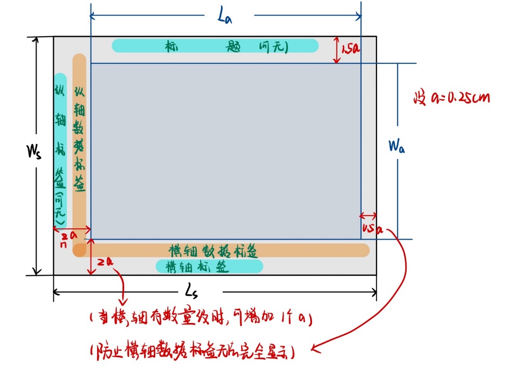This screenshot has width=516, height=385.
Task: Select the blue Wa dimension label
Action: point(395,146)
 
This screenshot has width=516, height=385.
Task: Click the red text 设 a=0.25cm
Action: point(451,98)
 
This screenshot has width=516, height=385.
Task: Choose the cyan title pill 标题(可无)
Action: point(215,46)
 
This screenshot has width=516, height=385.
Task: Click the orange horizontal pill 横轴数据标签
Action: point(221,250)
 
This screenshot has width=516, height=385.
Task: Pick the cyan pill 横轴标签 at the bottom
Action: point(209,266)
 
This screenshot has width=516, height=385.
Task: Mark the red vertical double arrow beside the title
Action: point(336,50)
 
